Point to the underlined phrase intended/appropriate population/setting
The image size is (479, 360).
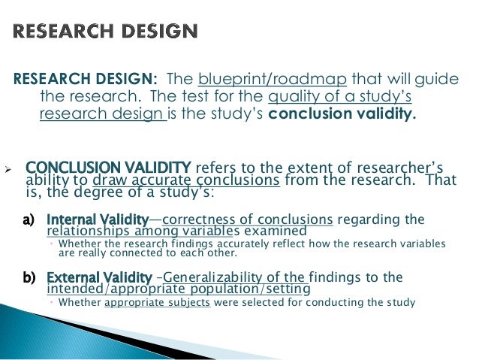point(178,289)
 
